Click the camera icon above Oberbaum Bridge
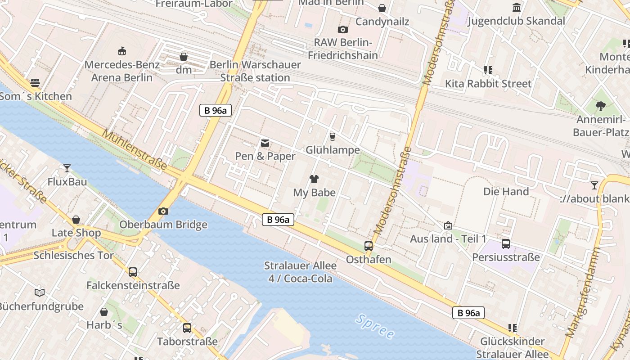[x=163, y=211]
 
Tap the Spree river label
[x=374, y=326]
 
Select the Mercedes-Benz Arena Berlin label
[x=122, y=71]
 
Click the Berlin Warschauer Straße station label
[x=255, y=71]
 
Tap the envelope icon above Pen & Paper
[x=265, y=143]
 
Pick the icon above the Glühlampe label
[x=333, y=136]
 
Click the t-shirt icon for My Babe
[x=314, y=179]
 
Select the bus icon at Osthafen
[x=369, y=246]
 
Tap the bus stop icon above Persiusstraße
[x=506, y=244]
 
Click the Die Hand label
[x=506, y=191]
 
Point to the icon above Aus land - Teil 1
[x=448, y=225]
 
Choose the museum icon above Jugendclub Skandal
[x=517, y=8]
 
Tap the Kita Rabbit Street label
[x=488, y=84]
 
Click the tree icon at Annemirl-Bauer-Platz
[x=600, y=106]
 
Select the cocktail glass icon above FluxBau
[x=67, y=168]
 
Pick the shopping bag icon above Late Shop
[x=76, y=220]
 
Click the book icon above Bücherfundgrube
[x=40, y=292]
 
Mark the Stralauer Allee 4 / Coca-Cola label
[x=300, y=272]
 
